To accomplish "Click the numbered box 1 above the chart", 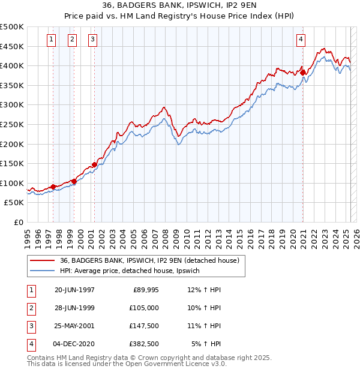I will (52, 40).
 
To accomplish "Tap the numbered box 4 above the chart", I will (300, 40).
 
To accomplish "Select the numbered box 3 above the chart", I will (93, 40).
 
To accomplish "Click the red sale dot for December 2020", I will (303, 73).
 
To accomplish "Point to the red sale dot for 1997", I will (53, 187).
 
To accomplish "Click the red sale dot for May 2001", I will (94, 164).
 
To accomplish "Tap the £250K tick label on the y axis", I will (12, 124).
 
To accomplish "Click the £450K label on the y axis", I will (12, 46).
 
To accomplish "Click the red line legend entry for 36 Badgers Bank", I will (149, 260).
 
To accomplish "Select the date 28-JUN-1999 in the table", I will (74, 308).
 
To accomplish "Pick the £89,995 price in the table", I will (146, 290).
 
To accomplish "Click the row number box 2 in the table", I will (31, 308).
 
